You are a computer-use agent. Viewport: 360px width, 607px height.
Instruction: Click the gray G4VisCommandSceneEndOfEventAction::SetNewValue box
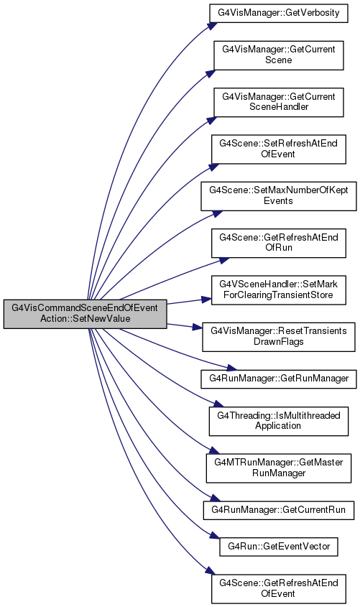[x=86, y=314]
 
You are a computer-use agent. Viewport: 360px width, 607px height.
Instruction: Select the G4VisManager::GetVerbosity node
[x=279, y=13]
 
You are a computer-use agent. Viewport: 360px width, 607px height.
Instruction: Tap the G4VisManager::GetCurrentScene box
[x=279, y=55]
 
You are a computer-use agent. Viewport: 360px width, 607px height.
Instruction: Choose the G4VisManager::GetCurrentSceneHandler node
[x=279, y=102]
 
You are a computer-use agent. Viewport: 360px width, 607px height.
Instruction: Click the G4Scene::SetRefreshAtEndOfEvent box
[x=279, y=149]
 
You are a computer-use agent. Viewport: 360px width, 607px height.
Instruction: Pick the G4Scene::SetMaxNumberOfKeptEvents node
[x=279, y=196]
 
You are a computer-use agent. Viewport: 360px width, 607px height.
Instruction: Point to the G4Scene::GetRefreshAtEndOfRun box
[x=279, y=243]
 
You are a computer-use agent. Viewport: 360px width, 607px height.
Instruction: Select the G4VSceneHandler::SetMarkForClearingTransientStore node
[x=279, y=290]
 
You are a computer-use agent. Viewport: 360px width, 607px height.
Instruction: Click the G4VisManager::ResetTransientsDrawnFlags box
[x=279, y=337]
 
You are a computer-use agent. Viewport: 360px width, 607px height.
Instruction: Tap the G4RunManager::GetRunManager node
[x=279, y=379]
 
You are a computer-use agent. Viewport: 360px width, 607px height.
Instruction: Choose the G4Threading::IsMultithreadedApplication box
[x=279, y=421]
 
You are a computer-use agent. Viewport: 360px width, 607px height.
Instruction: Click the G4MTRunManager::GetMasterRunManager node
[x=279, y=468]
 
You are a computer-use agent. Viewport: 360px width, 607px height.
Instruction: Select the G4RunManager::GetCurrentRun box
[x=279, y=510]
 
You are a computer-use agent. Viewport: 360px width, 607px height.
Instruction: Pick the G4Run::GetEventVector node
[x=279, y=547]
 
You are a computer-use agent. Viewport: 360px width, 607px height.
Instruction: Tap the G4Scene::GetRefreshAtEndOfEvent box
[x=279, y=589]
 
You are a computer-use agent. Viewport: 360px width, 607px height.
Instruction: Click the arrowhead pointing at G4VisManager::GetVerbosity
[x=211, y=25]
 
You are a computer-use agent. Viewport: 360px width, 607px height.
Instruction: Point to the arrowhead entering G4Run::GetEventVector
[x=215, y=536]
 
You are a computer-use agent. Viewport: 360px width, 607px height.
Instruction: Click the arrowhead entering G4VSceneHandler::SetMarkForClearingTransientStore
[x=206, y=300]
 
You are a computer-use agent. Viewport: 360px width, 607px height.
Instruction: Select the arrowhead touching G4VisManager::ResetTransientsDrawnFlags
[x=198, y=328]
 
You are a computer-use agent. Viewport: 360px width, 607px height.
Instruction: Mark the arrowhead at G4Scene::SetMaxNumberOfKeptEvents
[x=218, y=213]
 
